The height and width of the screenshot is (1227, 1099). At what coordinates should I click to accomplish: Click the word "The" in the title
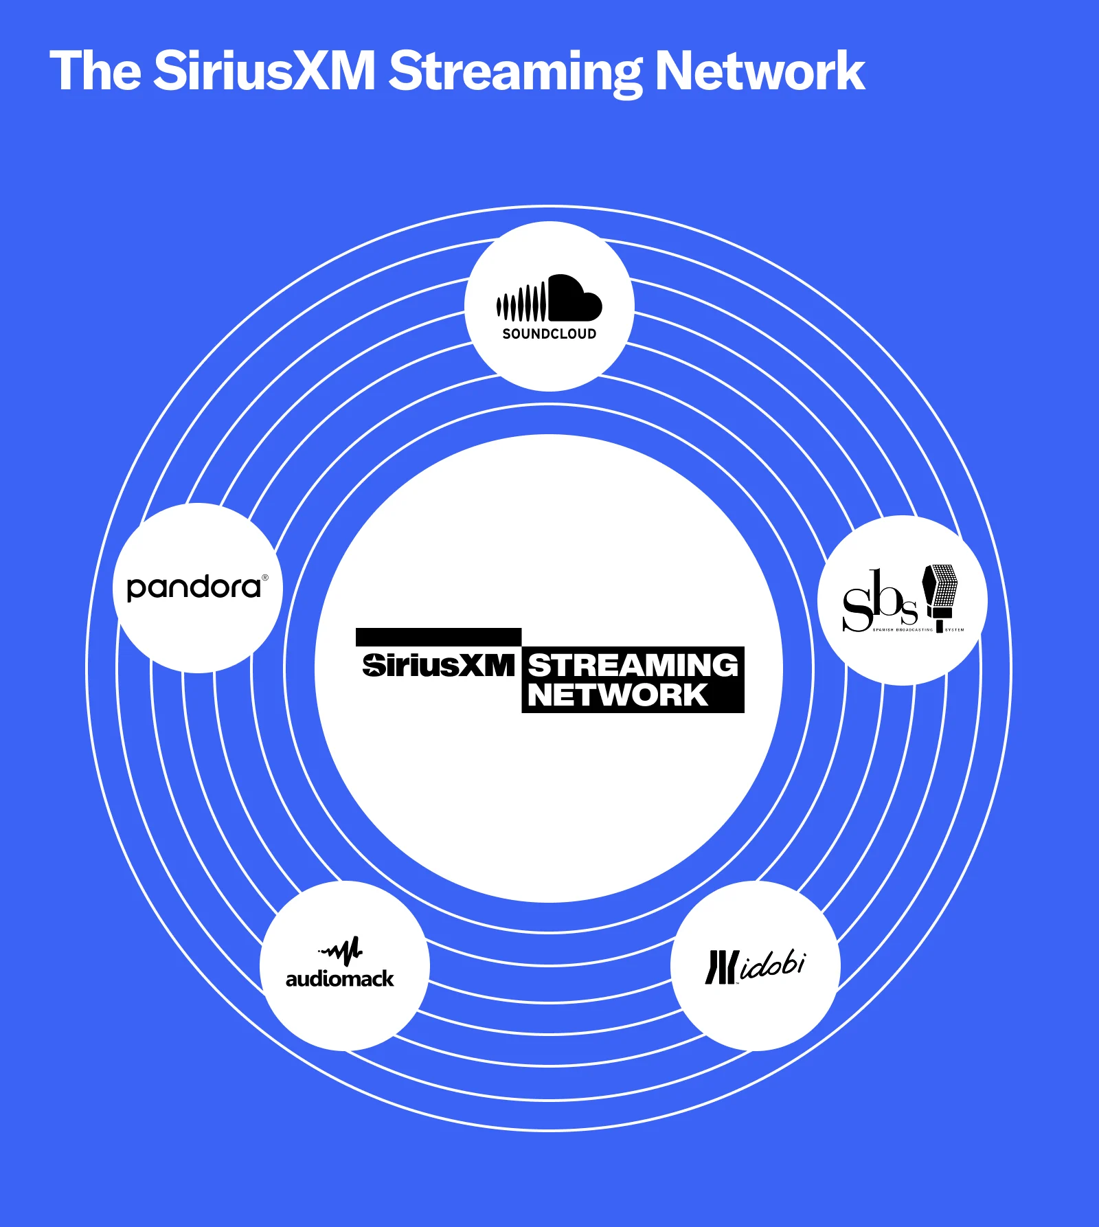click(95, 71)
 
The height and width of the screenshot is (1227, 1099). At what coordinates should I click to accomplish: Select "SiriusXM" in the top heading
click(264, 71)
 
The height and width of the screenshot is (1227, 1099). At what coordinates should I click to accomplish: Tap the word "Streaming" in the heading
click(514, 72)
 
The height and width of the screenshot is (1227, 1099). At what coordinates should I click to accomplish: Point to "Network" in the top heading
click(760, 71)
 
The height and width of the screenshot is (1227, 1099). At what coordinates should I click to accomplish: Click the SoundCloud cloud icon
click(549, 299)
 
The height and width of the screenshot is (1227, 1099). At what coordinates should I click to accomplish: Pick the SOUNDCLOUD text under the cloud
click(549, 334)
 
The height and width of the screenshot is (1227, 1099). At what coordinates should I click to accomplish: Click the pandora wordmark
click(194, 588)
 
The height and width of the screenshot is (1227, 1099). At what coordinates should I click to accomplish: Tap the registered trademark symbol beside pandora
click(265, 578)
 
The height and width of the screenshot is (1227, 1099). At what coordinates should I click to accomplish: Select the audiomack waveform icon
click(341, 951)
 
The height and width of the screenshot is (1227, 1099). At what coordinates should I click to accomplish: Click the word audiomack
click(340, 978)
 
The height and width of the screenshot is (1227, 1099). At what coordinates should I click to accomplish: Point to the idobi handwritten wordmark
click(773, 965)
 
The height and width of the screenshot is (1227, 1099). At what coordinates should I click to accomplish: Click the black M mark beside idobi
click(721, 967)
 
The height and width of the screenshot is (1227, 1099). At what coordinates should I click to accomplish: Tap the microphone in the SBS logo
click(940, 595)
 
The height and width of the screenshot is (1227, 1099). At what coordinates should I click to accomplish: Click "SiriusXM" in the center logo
click(438, 665)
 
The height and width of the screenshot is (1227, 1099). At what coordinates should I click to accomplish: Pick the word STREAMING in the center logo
click(633, 665)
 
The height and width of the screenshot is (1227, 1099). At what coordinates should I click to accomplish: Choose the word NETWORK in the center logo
click(618, 695)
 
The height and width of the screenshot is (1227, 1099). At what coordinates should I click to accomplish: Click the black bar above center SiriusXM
click(438, 637)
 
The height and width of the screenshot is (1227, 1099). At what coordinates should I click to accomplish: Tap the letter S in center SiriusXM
click(373, 665)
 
